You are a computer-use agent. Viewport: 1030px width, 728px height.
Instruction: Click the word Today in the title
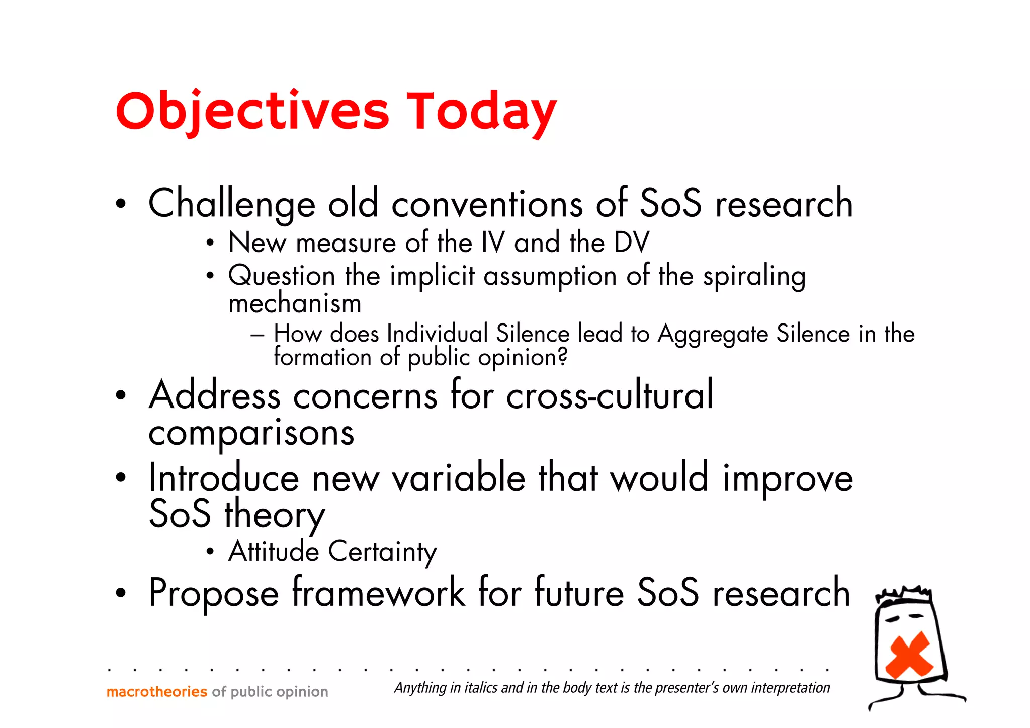(x=481, y=112)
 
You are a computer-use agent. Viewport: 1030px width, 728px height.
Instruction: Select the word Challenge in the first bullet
(x=232, y=204)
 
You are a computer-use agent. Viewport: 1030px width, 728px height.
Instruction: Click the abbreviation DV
(x=632, y=242)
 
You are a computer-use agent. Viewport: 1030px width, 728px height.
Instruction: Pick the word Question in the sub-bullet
(x=282, y=276)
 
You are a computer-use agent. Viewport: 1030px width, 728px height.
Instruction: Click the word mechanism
(x=295, y=303)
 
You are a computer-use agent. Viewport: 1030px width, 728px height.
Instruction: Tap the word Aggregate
(x=713, y=334)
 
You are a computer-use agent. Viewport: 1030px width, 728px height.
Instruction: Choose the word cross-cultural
(x=610, y=395)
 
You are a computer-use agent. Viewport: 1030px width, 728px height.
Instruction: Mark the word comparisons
(x=251, y=433)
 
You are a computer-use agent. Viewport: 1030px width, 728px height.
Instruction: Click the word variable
(x=459, y=477)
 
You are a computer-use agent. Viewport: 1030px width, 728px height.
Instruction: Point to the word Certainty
(x=382, y=552)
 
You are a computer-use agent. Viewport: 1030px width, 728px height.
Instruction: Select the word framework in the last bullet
(x=378, y=593)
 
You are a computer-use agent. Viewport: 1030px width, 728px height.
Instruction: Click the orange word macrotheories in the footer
(x=157, y=692)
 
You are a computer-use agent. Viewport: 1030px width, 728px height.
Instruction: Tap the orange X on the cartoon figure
(x=909, y=654)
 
